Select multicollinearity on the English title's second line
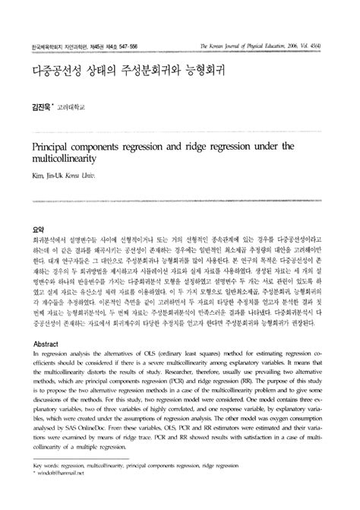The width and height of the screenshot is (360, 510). pyautogui.click(x=69, y=157)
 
